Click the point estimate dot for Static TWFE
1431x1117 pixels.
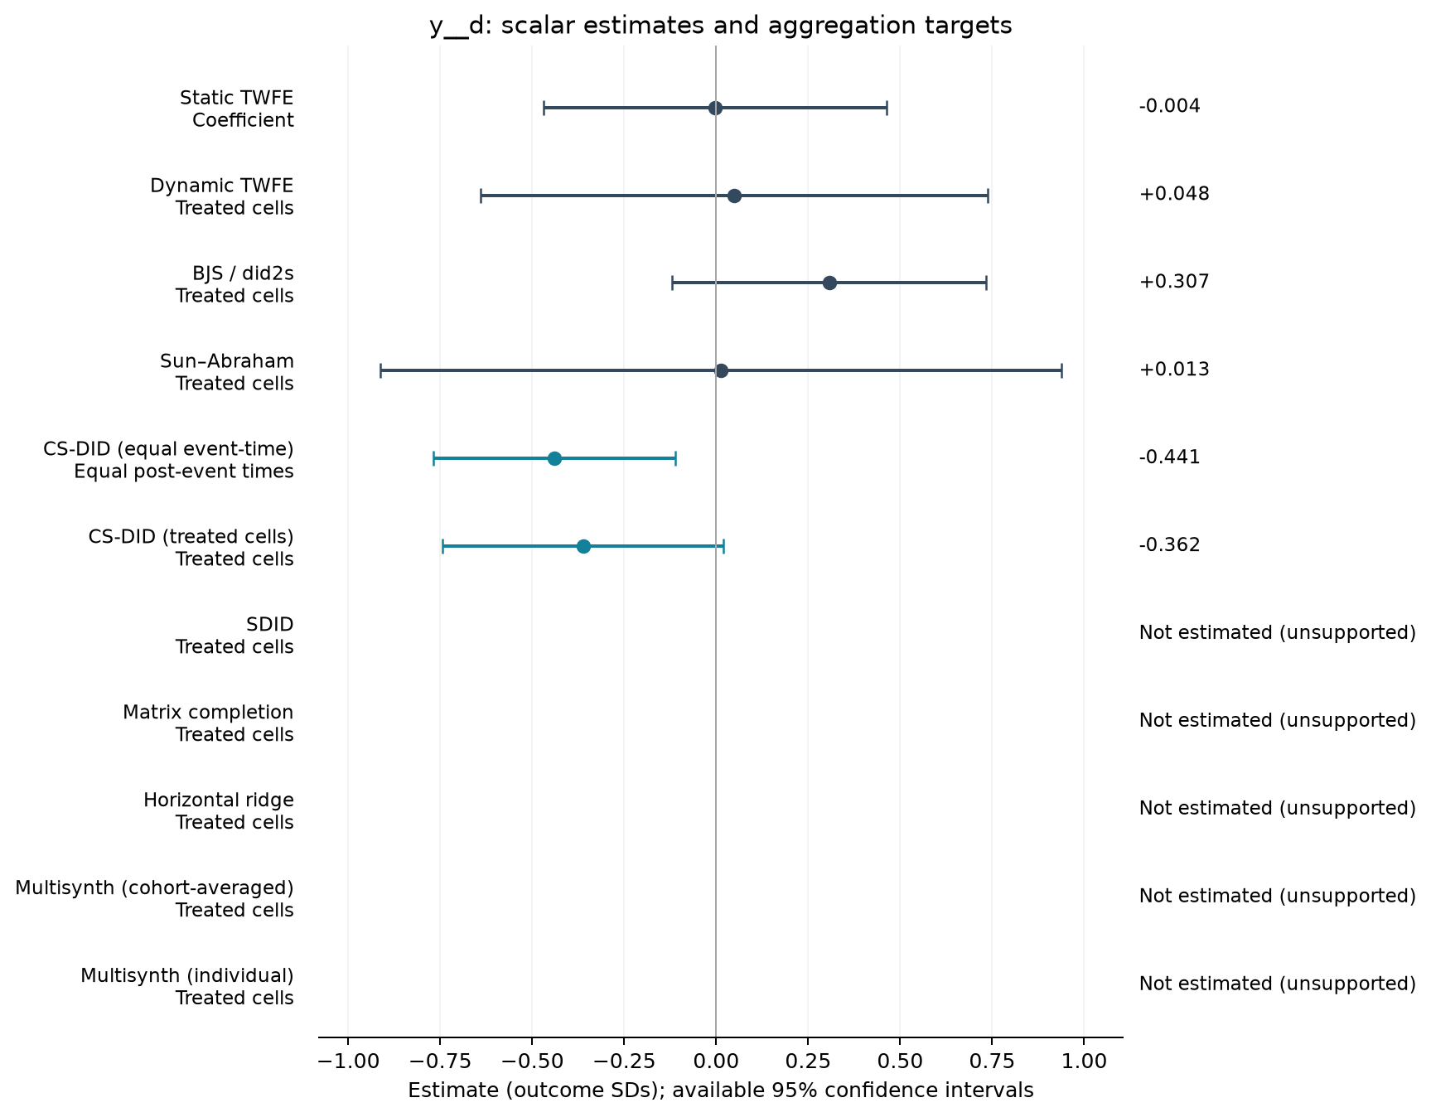click(715, 108)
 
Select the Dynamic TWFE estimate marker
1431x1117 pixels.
click(734, 196)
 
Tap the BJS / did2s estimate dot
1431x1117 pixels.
click(829, 283)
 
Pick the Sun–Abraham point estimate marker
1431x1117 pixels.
click(721, 370)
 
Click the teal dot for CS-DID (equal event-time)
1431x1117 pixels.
click(554, 458)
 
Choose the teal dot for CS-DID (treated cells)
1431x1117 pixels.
click(583, 546)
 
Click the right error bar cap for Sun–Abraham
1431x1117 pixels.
click(1061, 370)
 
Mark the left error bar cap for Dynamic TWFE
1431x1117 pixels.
click(481, 196)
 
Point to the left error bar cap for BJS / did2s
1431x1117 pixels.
click(672, 283)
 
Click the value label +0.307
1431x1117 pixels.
click(1174, 282)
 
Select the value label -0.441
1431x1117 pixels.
click(1169, 457)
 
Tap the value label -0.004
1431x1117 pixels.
click(1169, 106)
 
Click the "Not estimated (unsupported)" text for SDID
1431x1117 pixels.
click(1278, 633)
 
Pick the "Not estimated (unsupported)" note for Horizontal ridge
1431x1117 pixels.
click(1278, 809)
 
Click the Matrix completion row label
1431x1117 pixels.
click(208, 723)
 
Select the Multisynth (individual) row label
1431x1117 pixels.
click(187, 987)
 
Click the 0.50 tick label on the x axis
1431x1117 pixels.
click(900, 1061)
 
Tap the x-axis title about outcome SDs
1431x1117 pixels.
click(721, 1090)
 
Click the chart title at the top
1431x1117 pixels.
click(721, 26)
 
